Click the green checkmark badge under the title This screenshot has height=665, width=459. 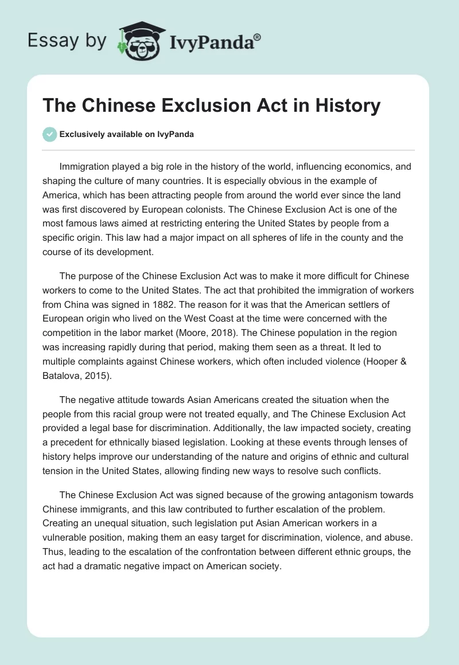coord(50,134)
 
